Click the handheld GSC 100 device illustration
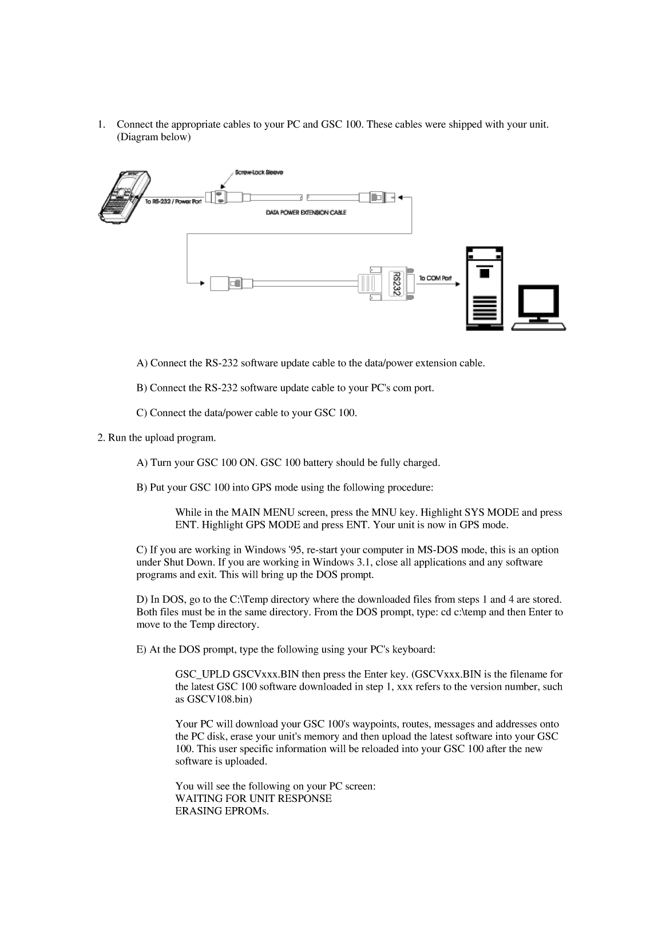click(x=122, y=196)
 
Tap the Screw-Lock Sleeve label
click(x=259, y=172)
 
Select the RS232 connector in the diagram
click(x=395, y=283)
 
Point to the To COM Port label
click(x=435, y=278)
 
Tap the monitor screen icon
click(x=539, y=302)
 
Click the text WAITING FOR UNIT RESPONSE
click(x=253, y=798)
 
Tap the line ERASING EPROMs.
click(x=221, y=811)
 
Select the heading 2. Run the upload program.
click(x=156, y=438)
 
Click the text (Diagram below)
click(x=153, y=137)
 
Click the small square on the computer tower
click(x=485, y=273)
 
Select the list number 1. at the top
click(x=101, y=124)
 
